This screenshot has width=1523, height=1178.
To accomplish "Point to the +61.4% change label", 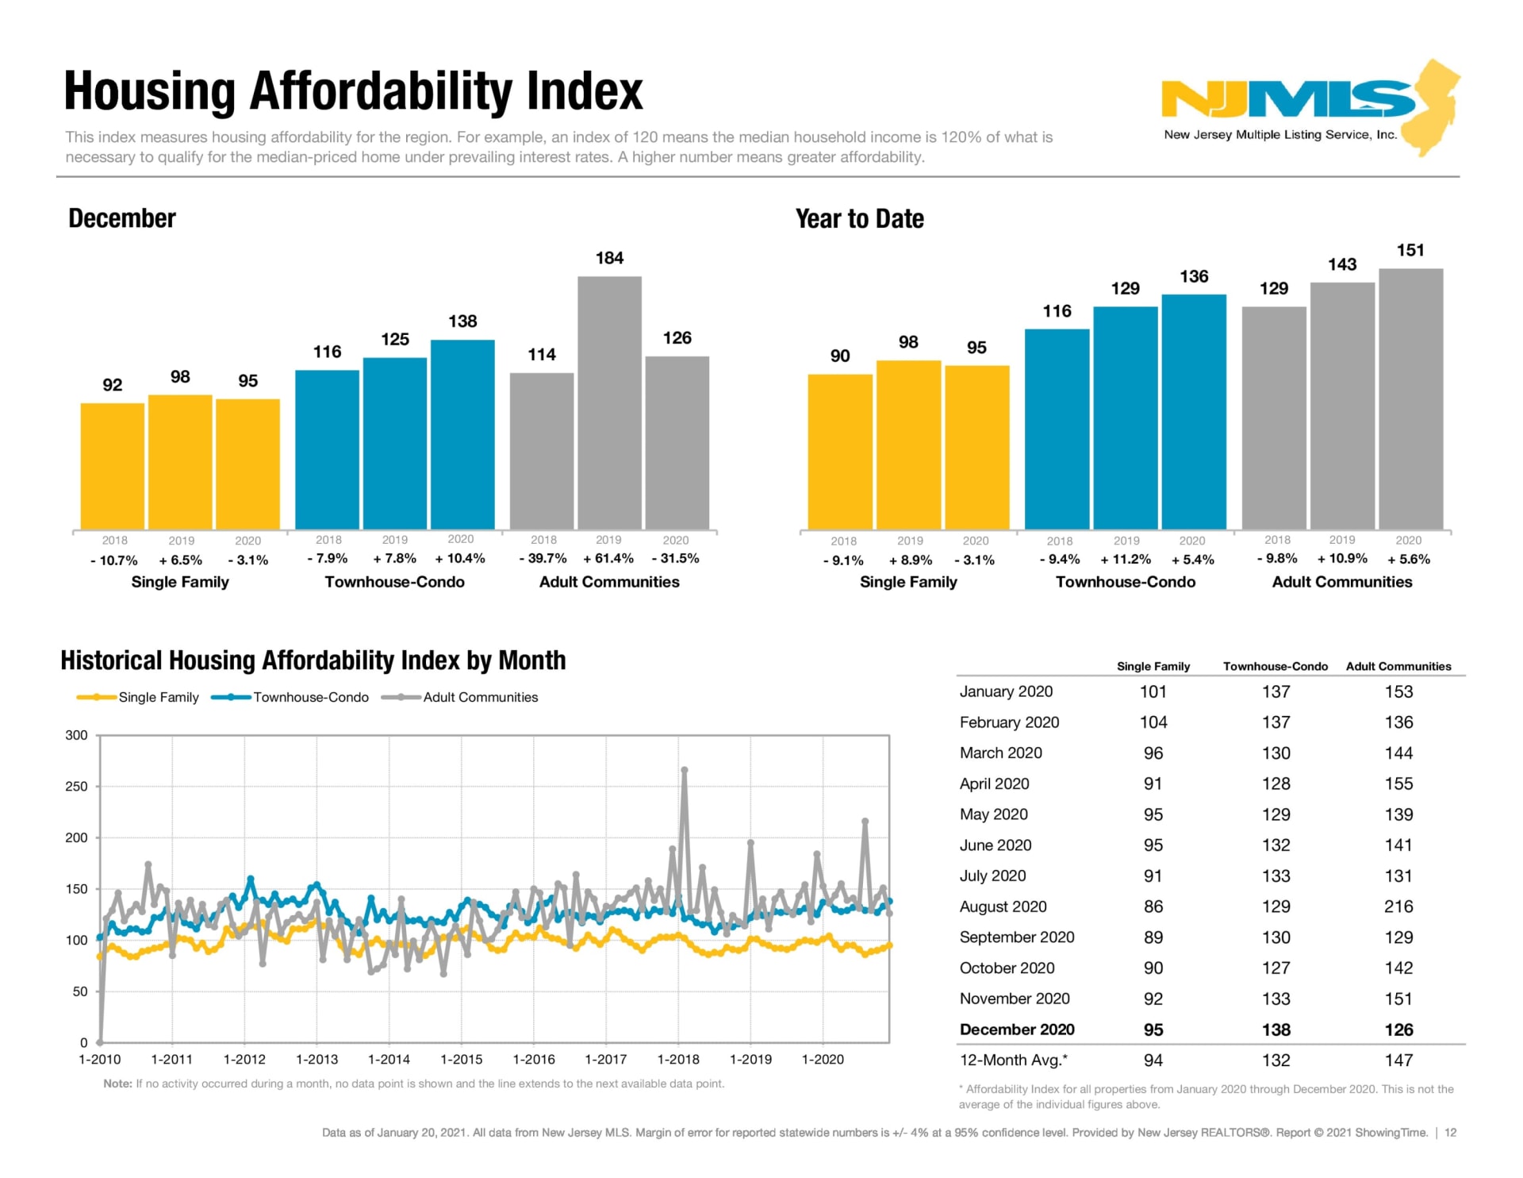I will pyautogui.click(x=608, y=559).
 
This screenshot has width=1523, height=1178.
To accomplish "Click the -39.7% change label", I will pyautogui.click(x=543, y=559).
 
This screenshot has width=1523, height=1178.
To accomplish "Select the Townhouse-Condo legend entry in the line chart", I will pyautogui.click(x=290, y=697).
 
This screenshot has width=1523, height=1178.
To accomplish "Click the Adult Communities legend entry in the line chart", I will pyautogui.click(x=460, y=697).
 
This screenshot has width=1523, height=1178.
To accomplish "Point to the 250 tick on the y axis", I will pyautogui.click(x=77, y=787).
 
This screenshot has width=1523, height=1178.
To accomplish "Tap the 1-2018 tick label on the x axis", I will pyautogui.click(x=678, y=1060).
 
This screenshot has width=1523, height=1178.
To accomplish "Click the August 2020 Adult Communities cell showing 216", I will pyautogui.click(x=1398, y=907).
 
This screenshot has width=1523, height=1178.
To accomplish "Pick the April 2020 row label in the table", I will pyautogui.click(x=994, y=783).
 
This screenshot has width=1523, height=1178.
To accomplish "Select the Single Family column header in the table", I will pyautogui.click(x=1153, y=667).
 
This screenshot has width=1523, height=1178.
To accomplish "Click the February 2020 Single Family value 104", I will pyautogui.click(x=1153, y=722).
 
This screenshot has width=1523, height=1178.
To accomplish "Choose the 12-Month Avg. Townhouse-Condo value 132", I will pyautogui.click(x=1276, y=1061).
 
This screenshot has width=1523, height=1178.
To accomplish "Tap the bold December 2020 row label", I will pyautogui.click(x=1017, y=1030).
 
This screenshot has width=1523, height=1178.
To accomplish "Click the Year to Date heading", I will pyautogui.click(x=860, y=219).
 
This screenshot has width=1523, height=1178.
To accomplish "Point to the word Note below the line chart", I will pyautogui.click(x=117, y=1084).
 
